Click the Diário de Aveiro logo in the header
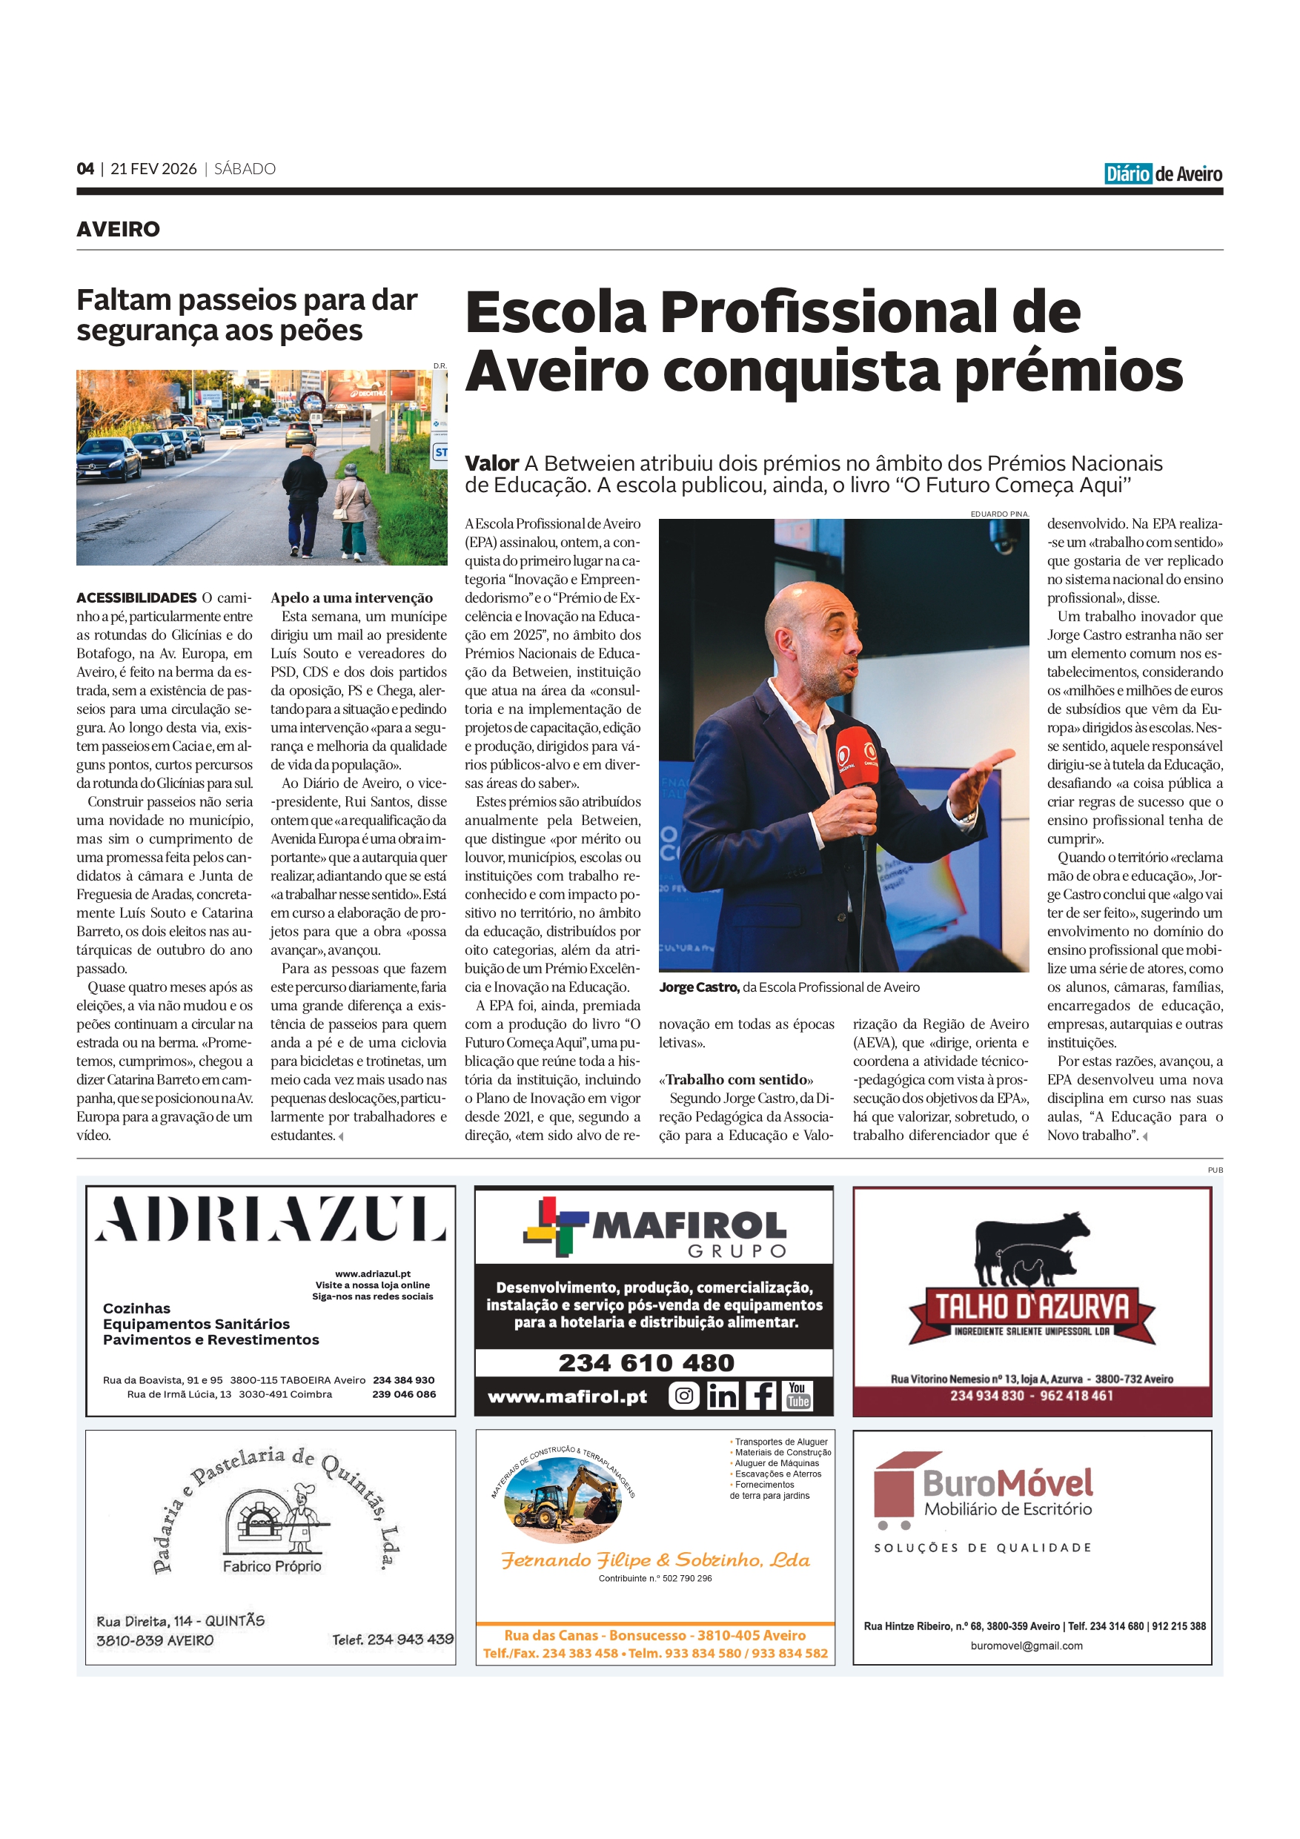click(1162, 173)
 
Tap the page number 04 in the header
click(85, 169)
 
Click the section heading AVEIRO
click(118, 229)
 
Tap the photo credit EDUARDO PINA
click(999, 514)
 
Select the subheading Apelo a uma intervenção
click(351, 597)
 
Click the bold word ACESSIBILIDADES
click(136, 597)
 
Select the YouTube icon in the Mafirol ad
click(797, 1396)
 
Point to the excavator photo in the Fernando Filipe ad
click(563, 1499)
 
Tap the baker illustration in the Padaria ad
click(303, 1508)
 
